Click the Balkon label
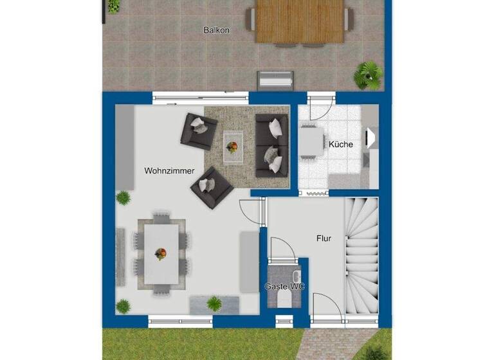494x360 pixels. (x=216, y=30)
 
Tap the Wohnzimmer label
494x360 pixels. (x=169, y=171)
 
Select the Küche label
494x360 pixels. (x=340, y=145)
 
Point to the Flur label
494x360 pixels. (x=324, y=239)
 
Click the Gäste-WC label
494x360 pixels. (x=284, y=286)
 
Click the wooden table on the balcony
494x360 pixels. (x=299, y=21)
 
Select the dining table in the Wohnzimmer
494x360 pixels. (x=161, y=254)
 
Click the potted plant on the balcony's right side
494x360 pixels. (x=369, y=75)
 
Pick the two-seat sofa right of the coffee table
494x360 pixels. (x=272, y=145)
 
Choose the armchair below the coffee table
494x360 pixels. (x=212, y=187)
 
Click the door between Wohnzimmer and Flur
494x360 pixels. (x=251, y=212)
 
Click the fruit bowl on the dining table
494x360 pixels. (x=160, y=254)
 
